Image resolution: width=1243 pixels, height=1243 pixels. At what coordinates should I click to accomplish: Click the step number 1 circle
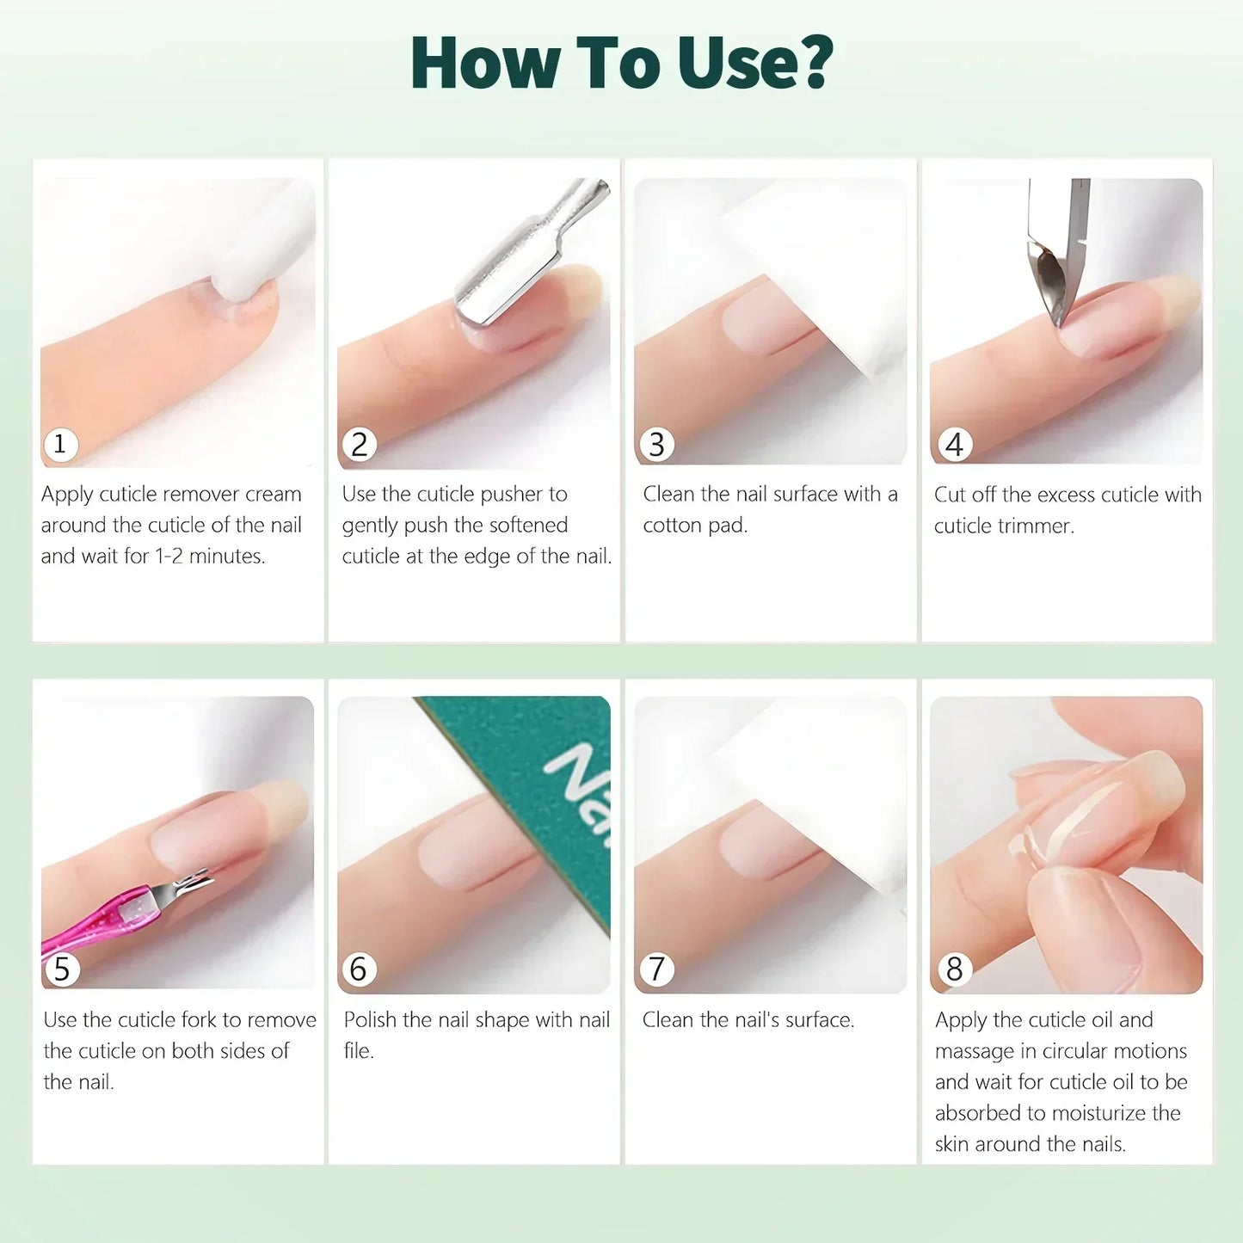pyautogui.click(x=60, y=445)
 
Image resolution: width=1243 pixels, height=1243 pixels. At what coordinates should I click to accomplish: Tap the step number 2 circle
pyautogui.click(x=359, y=445)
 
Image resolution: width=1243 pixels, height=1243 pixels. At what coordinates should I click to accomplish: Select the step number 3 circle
pyautogui.click(x=656, y=445)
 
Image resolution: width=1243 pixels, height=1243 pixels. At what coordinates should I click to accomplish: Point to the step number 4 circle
pyautogui.click(x=954, y=445)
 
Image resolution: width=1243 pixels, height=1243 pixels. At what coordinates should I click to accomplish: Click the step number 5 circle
pyautogui.click(x=61, y=969)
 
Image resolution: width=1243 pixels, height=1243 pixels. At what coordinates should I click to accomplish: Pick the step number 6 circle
pyautogui.click(x=359, y=969)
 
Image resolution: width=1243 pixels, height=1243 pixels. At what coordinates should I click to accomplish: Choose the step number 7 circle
pyautogui.click(x=656, y=969)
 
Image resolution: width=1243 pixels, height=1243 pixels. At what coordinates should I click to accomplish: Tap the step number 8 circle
pyautogui.click(x=954, y=969)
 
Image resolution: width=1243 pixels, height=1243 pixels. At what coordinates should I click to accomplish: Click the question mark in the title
pyautogui.click(x=810, y=63)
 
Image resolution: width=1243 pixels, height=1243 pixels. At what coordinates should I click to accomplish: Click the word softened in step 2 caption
pyautogui.click(x=528, y=526)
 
